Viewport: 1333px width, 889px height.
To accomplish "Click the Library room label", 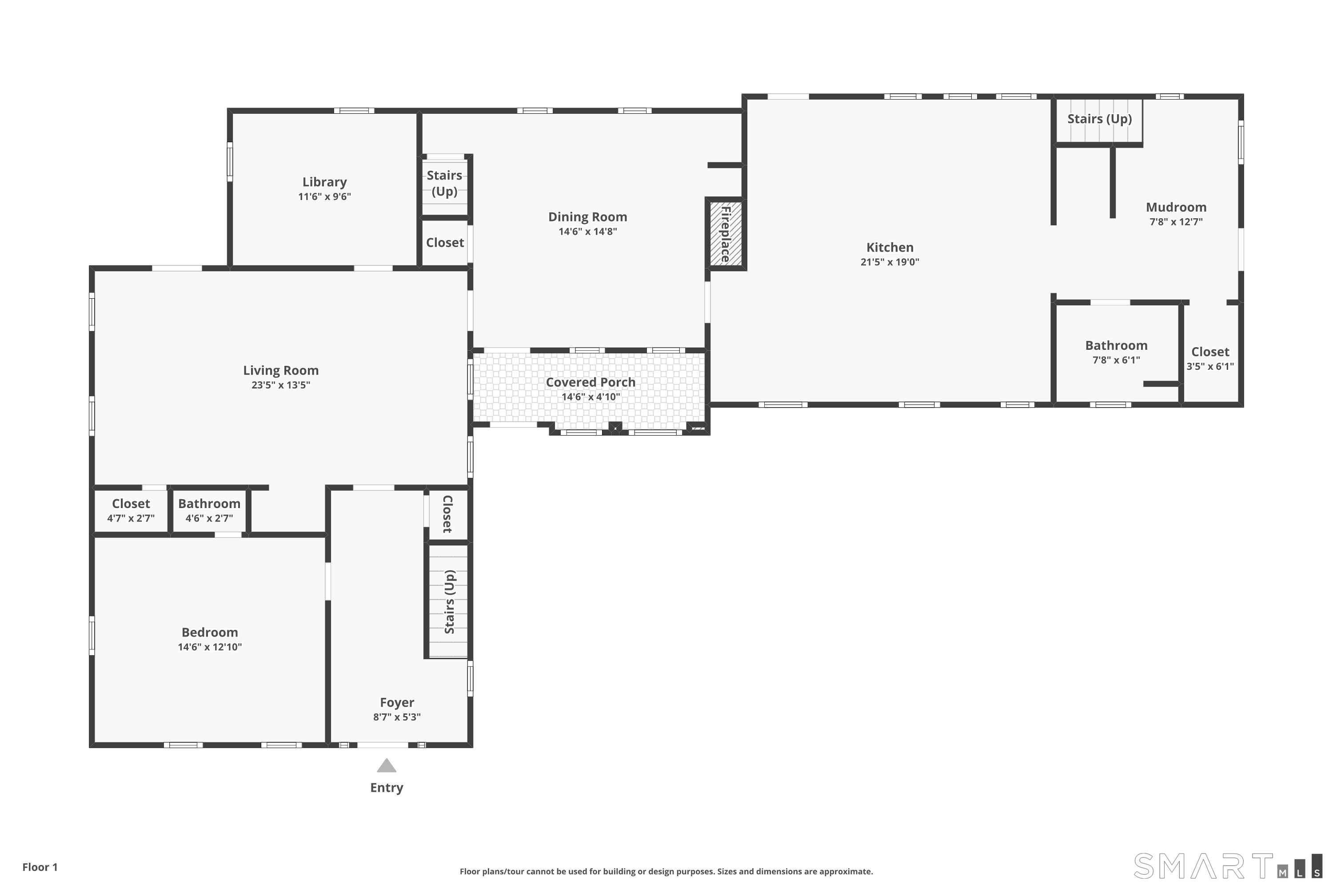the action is coord(324,182).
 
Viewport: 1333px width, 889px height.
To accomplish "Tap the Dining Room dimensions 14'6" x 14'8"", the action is coord(588,231).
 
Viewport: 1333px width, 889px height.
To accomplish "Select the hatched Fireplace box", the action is coord(726,234).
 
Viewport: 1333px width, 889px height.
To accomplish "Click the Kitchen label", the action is coord(890,247).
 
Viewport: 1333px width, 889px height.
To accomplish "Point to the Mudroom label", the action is coord(1176,207).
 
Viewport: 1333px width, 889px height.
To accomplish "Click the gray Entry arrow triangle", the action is coord(387,765).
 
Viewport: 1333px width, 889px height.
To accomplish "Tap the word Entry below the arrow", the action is coord(387,788).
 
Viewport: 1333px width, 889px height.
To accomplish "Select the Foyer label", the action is coord(397,702).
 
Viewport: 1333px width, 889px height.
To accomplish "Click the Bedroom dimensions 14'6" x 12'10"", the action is coord(210,647).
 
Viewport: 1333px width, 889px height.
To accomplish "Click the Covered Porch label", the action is coord(591,382).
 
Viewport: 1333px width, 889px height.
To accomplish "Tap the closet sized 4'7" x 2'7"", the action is coord(131,510).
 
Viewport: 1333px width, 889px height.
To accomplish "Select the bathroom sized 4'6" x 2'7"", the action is coord(209,510).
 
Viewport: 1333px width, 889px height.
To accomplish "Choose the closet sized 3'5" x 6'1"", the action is coord(1210,358).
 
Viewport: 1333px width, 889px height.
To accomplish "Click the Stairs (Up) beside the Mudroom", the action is coord(1099,119).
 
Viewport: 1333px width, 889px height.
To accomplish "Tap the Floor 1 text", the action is coord(40,867).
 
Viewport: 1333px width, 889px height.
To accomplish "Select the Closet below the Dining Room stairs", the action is coord(445,243).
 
